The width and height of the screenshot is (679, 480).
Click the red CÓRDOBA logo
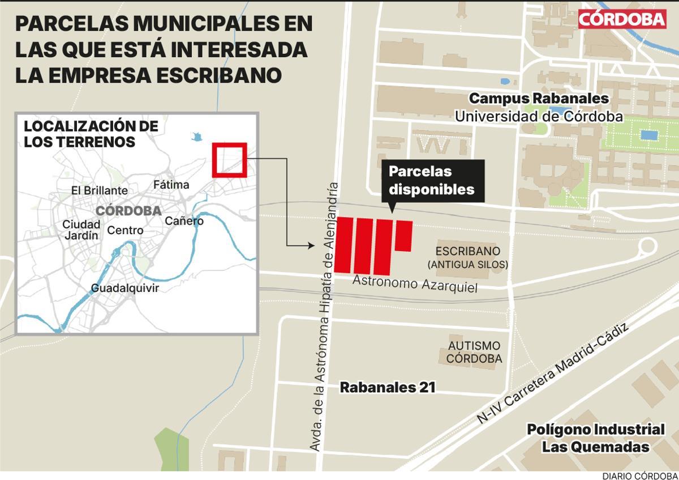coord(622,19)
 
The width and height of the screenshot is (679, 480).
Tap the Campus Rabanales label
coord(539,99)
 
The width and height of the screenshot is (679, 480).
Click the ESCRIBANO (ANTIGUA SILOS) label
coord(468,257)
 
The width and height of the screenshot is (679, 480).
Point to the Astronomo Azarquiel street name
coord(415,284)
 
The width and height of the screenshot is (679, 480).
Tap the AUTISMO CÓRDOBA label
coord(474,352)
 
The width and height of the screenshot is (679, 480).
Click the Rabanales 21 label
coord(387,388)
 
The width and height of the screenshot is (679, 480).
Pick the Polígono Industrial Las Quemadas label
coord(596,437)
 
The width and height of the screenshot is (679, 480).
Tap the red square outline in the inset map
coord(229,160)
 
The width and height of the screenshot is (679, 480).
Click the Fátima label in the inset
coord(171,185)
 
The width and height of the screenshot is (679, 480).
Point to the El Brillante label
coord(100,190)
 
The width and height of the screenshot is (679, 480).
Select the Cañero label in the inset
coord(184,221)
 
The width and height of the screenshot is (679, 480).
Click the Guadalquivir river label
coord(125,288)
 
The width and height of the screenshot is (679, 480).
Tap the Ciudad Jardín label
coord(81,229)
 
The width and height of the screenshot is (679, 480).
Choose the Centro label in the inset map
coord(125,231)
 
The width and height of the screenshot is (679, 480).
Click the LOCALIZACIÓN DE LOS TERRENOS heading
coord(91,134)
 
